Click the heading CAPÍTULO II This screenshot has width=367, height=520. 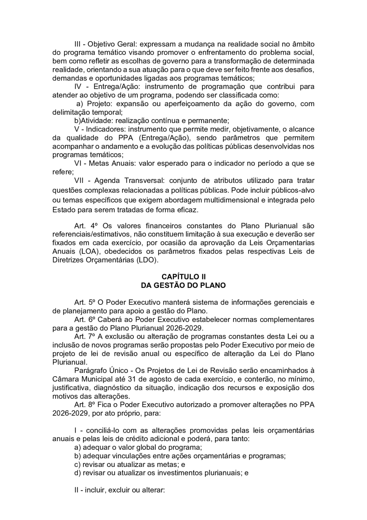pos(183,277)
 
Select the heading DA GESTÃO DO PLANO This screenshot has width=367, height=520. pos(183,285)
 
